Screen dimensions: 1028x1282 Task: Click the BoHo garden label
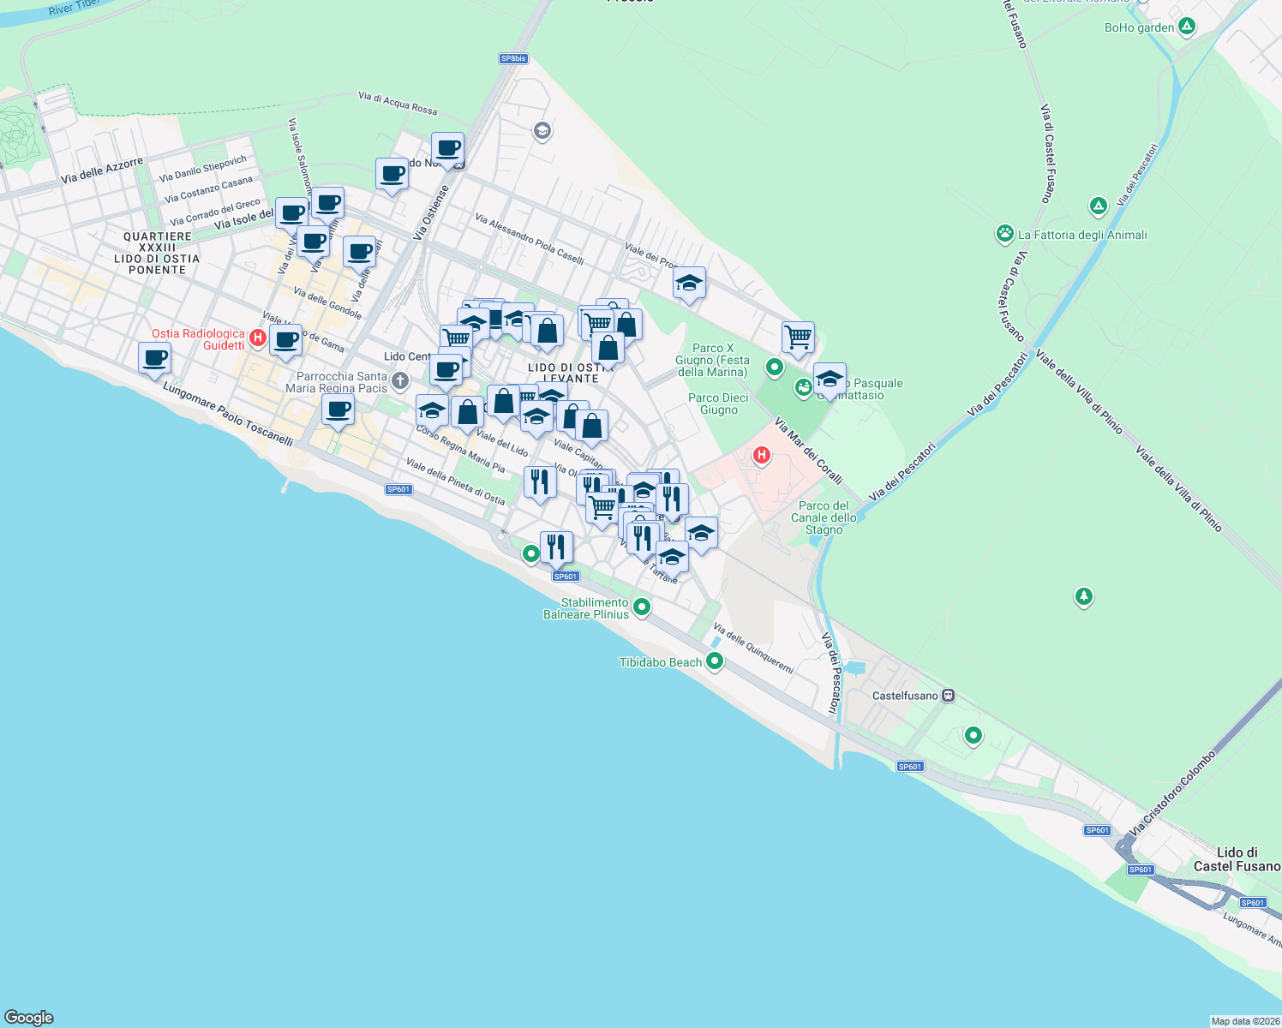[x=1139, y=27]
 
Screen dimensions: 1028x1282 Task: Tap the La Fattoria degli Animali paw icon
[x=1005, y=233]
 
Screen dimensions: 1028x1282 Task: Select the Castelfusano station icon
[x=948, y=696]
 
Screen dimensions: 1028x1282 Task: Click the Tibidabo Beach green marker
[x=715, y=661]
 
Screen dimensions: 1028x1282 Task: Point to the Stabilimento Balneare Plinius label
[x=586, y=608]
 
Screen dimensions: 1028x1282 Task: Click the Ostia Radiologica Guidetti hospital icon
[x=258, y=339]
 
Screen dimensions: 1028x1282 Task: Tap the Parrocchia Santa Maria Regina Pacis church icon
[x=399, y=380]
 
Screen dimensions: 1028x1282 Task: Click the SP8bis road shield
[x=513, y=58]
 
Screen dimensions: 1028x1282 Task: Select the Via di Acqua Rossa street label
[x=398, y=104]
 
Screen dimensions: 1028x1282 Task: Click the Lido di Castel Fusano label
[x=1237, y=859]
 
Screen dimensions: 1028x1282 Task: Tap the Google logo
[x=29, y=1017]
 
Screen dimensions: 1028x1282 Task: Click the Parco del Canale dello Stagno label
[x=824, y=517]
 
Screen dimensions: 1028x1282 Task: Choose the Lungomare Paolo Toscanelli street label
[x=228, y=415]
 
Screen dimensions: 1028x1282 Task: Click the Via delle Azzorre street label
[x=102, y=170]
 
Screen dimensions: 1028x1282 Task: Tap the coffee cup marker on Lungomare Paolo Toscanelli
[x=155, y=357]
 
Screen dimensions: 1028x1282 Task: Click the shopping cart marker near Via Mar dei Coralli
[x=798, y=337]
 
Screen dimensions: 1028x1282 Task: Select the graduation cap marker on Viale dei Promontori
[x=689, y=283]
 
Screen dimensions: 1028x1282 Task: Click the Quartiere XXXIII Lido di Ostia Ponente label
[x=157, y=253]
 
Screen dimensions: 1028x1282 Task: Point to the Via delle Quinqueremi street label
[x=753, y=648]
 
